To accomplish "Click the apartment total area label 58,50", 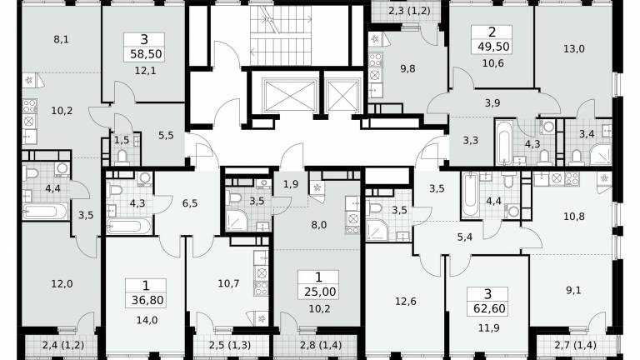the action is tap(146, 54).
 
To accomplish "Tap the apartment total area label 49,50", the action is tap(493, 47).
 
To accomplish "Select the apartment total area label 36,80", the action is tap(147, 300).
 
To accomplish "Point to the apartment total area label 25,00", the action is tap(320, 292).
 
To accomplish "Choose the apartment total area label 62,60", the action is tap(489, 308).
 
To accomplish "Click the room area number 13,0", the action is tap(574, 49).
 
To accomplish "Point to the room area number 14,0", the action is tap(147, 320).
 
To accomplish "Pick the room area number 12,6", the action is tap(405, 302).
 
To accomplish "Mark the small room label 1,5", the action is tap(121, 140).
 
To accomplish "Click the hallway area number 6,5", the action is tap(190, 202).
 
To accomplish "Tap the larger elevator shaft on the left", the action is tap(290, 96).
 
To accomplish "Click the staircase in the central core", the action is tap(281, 35).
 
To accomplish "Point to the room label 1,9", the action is tap(291, 184).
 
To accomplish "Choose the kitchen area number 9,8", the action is tap(407, 69).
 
